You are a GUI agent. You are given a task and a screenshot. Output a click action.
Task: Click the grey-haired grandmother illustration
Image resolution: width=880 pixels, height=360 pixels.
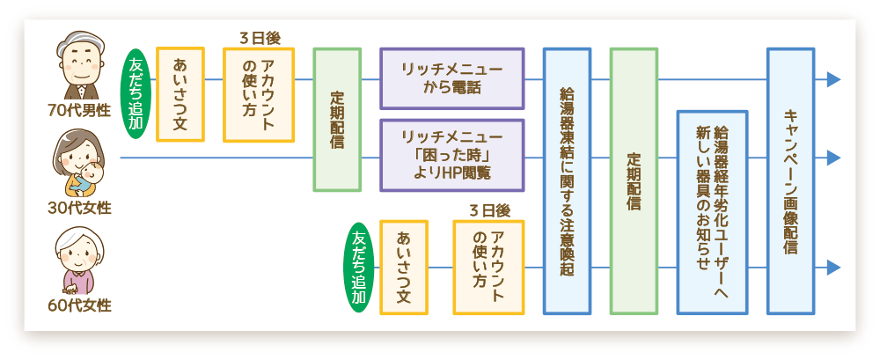(x=79, y=261)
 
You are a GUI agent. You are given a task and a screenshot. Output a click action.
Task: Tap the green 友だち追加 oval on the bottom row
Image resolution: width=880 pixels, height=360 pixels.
(x=359, y=268)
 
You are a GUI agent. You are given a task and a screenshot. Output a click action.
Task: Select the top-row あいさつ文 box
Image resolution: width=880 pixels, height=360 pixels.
(x=180, y=94)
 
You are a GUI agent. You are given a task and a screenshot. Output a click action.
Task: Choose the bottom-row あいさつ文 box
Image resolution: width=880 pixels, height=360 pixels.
(x=403, y=267)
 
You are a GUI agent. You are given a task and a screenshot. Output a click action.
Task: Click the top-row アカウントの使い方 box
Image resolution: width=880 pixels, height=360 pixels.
(x=258, y=94)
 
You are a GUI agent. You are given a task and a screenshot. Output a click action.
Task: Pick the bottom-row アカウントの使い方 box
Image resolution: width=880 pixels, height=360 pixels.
(x=488, y=267)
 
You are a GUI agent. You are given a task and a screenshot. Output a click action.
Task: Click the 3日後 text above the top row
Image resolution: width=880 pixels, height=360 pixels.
(x=259, y=38)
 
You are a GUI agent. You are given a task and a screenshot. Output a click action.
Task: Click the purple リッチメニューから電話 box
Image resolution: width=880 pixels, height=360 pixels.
(x=451, y=78)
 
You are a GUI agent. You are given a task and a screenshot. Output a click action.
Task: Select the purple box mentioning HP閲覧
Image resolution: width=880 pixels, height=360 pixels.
(x=451, y=156)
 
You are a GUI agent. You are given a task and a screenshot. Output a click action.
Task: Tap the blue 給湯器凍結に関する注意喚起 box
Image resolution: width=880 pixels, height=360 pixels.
(x=567, y=180)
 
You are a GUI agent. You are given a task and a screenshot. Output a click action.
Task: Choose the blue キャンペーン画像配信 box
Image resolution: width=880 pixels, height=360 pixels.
(x=789, y=180)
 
